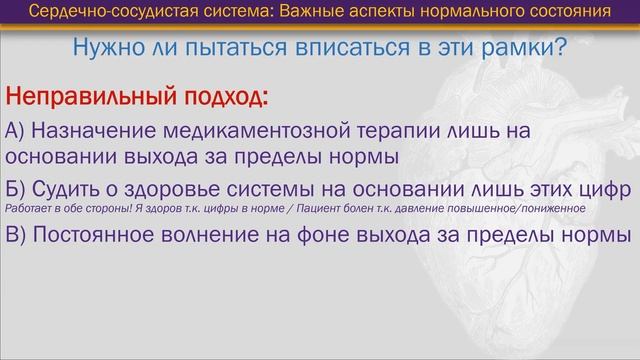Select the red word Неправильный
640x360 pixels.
click(91, 99)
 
